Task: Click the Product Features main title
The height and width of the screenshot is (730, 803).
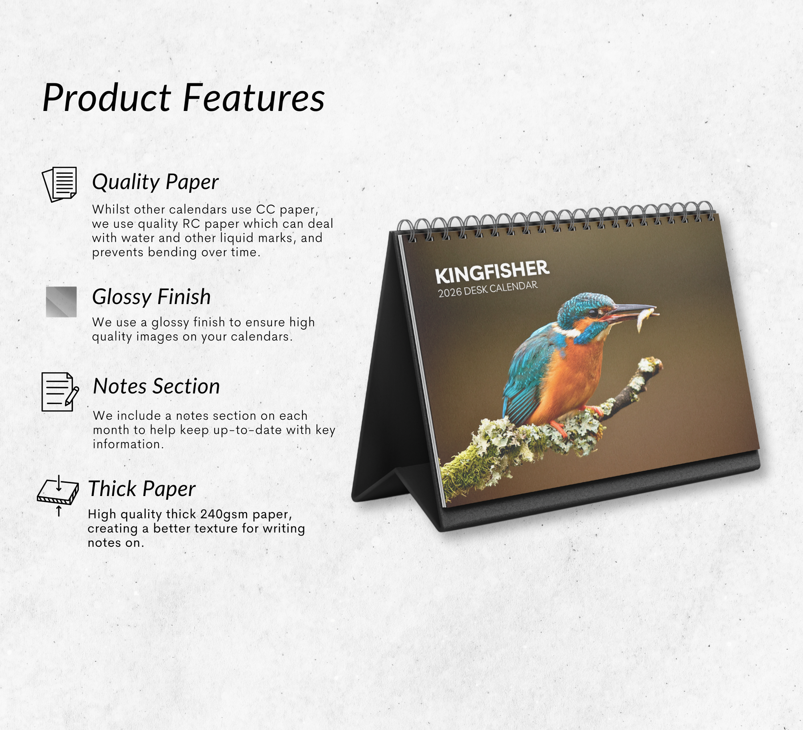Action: coord(184,98)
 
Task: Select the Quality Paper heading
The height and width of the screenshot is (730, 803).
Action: coord(155,182)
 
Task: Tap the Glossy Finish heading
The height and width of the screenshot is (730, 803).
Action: coord(151,297)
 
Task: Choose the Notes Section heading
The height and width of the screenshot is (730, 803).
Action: coord(156,386)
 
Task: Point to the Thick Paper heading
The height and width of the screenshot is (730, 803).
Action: coord(142,489)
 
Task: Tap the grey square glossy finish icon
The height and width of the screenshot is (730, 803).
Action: coord(61,302)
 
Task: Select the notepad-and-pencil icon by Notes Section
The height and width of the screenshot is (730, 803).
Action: coord(60,392)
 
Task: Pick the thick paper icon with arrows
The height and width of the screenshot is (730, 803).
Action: coord(58,495)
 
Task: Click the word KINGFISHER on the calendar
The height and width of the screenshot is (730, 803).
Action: coord(492,272)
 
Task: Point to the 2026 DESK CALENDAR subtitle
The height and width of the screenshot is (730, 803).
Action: coord(488,289)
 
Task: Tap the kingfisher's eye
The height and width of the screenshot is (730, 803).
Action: coord(593,314)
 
